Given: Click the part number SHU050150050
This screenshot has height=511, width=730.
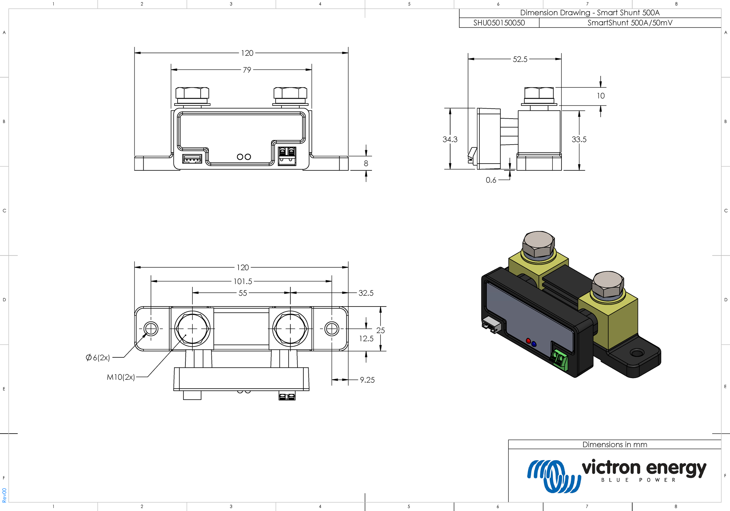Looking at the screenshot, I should point(499,23).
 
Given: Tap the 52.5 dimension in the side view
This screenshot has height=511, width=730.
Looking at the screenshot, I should point(520,60).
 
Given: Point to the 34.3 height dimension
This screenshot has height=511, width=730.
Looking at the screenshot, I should point(450,139).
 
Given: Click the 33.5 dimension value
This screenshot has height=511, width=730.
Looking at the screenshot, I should point(579,139).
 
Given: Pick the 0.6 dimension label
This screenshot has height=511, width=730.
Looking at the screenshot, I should point(491,180).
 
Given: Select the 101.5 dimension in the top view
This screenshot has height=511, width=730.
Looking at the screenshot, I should point(243,282).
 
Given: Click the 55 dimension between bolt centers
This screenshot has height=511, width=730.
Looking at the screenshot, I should point(243,293).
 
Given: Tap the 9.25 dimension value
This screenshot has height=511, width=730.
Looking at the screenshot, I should point(367,380).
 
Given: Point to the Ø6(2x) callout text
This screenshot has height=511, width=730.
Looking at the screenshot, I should point(98,358).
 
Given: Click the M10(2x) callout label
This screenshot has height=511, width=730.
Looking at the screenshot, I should point(121,377).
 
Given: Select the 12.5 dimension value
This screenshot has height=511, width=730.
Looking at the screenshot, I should point(366,339).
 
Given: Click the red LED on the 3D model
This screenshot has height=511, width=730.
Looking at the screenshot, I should point(528,341).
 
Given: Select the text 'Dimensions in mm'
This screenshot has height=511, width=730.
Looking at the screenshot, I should point(615,444).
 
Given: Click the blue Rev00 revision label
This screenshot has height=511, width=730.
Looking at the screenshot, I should point(4,495).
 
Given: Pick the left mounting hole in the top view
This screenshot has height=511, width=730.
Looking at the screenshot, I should point(151,329).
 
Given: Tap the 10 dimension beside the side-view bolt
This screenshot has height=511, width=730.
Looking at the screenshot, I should point(600,96).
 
